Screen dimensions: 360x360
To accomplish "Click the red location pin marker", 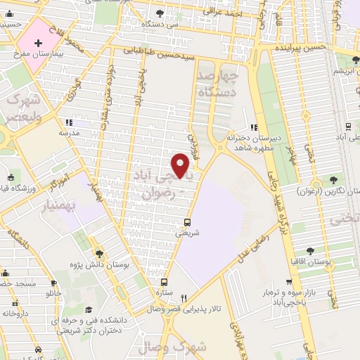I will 182,166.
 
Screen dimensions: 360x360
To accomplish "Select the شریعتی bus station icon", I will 186,224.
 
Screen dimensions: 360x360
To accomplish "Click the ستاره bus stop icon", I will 164,281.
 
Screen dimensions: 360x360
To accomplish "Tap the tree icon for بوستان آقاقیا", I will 310,250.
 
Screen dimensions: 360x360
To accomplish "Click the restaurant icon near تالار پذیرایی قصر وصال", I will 184,297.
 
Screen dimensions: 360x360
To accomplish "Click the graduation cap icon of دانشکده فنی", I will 89,310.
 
